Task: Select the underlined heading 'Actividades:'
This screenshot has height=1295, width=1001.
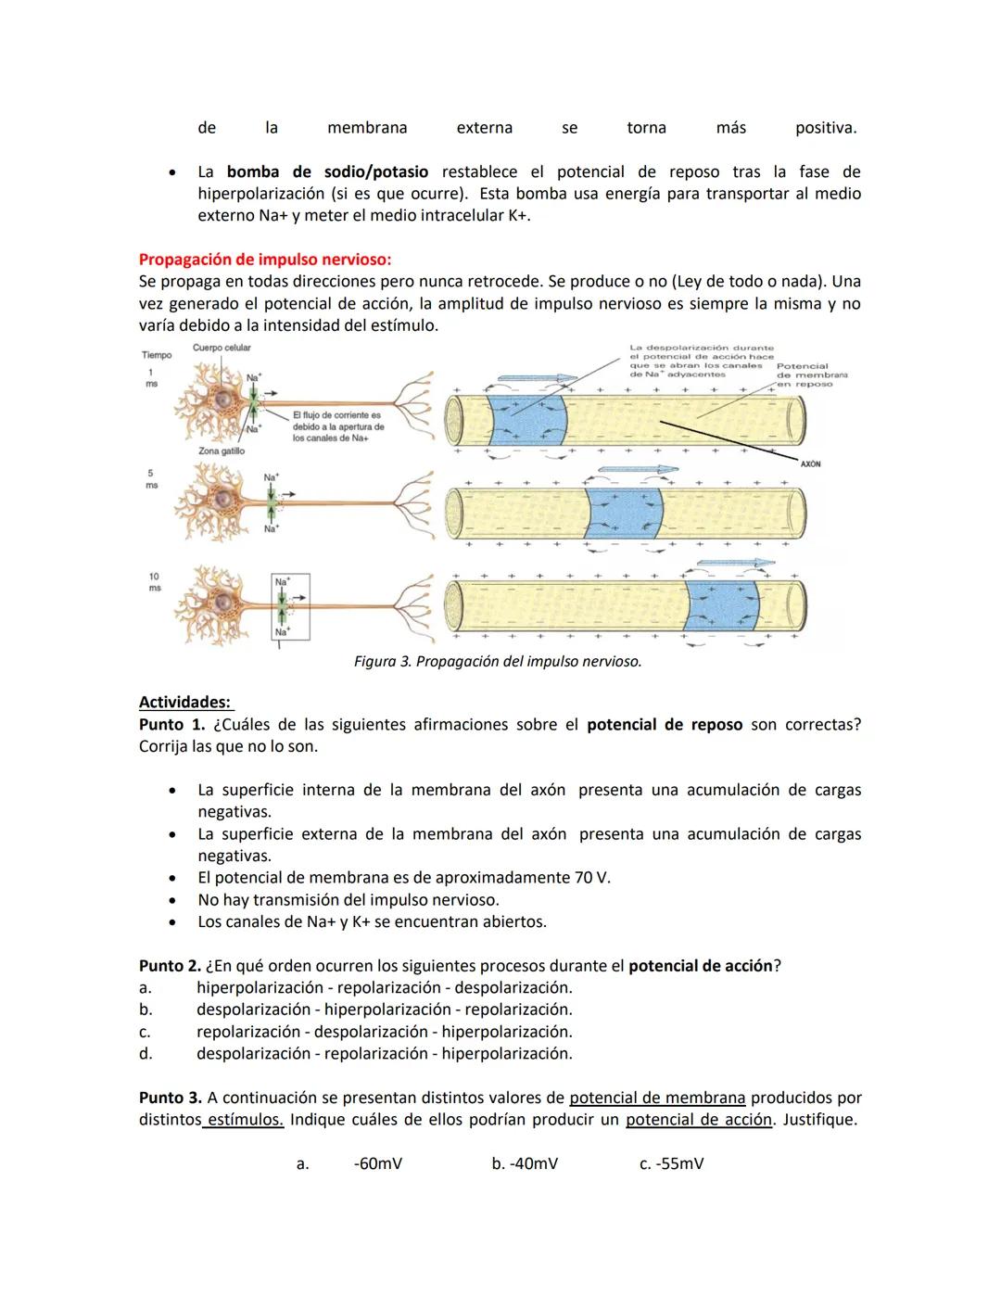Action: [184, 703]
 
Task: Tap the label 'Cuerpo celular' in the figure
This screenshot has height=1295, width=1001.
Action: [222, 348]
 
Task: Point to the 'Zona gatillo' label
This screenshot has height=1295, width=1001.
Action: [222, 451]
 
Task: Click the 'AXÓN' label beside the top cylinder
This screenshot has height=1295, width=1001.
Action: [810, 463]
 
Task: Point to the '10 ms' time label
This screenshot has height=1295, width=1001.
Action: [154, 582]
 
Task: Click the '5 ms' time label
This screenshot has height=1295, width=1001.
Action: [151, 479]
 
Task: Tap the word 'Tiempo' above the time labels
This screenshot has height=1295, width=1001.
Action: [157, 355]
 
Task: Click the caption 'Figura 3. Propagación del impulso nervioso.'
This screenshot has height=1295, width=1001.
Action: [498, 662]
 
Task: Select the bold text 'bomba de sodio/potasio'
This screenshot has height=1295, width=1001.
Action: [327, 172]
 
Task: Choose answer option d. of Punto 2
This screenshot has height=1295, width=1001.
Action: [384, 1054]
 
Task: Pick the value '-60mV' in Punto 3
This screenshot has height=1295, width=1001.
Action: [378, 1163]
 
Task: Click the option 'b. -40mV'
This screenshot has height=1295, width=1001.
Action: [525, 1163]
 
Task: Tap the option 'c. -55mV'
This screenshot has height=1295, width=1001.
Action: [671, 1163]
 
